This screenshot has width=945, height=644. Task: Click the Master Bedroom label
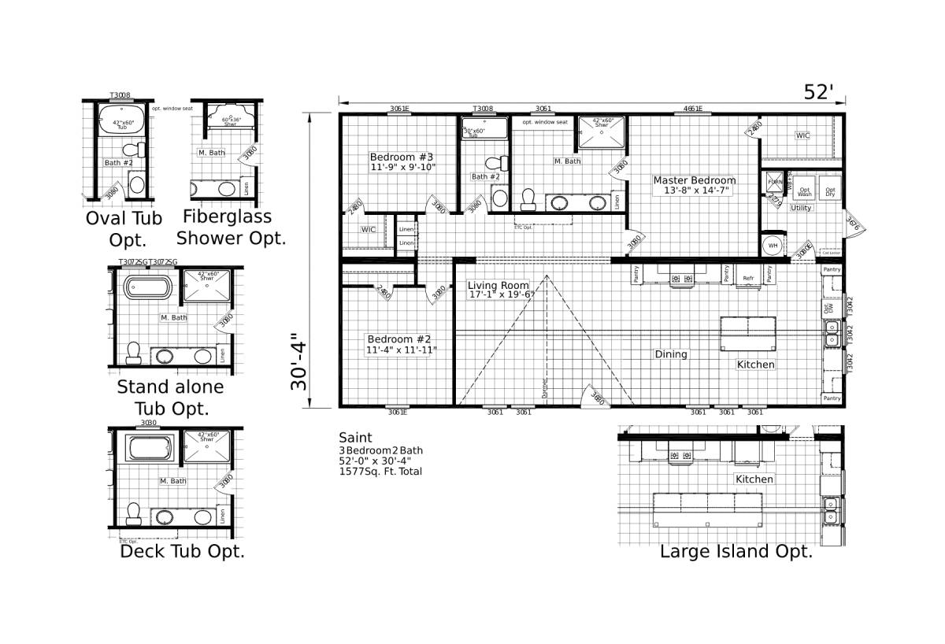[694, 180]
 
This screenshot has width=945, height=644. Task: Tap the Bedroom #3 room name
[402, 156]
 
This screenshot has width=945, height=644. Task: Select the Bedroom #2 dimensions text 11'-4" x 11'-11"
[402, 350]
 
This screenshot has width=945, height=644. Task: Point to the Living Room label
[498, 285]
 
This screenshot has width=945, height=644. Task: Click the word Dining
[671, 354]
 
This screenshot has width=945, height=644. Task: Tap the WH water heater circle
[772, 245]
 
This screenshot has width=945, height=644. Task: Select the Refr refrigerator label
[749, 278]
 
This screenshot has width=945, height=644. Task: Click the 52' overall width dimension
[818, 92]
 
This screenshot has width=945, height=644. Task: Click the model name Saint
[355, 437]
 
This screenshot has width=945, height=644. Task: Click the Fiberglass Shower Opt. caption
[231, 227]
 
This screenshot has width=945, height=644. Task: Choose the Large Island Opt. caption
[736, 551]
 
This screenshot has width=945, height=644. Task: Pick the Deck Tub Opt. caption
[182, 551]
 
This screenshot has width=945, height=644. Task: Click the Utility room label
[801, 208]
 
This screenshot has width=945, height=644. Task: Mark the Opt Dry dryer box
[829, 191]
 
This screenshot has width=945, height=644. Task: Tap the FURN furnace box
[775, 182]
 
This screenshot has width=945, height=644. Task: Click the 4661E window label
[693, 109]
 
